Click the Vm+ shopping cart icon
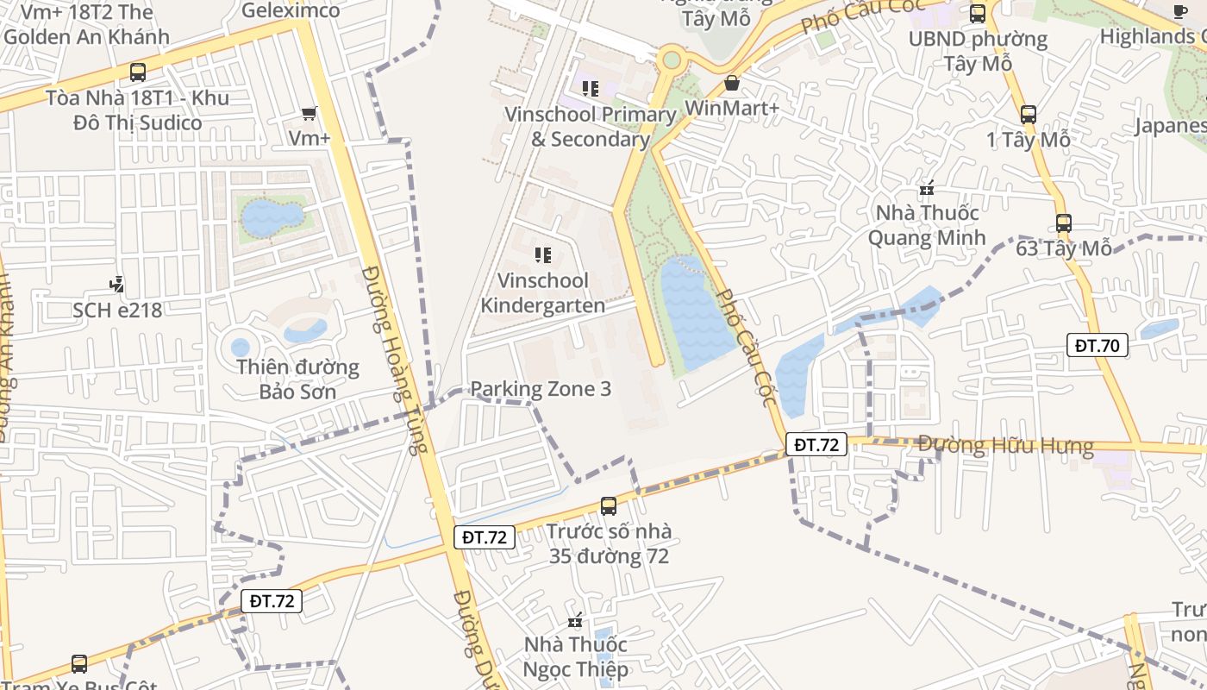coord(309,113)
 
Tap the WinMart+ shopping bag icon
coord(732,83)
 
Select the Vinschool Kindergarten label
coord(543,292)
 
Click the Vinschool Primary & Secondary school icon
coord(591,88)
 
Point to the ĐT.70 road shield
coord(1097,346)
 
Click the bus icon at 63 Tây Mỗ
coord(1063,223)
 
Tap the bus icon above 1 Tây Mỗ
coord(1028,114)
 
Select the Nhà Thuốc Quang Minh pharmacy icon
coord(927,187)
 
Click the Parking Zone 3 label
coord(541,389)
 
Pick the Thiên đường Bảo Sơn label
coord(298,379)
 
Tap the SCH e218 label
coord(117,310)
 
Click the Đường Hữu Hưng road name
coord(1005,446)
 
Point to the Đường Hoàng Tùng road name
coord(394,358)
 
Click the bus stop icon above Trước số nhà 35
coord(609,505)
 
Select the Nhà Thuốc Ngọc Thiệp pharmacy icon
coord(576,620)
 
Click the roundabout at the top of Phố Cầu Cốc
coord(671,60)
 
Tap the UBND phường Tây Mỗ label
coord(978,51)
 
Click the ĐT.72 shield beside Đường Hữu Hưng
coord(816,444)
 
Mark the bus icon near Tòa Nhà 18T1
coord(137,72)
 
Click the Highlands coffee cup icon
coord(1179,11)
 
